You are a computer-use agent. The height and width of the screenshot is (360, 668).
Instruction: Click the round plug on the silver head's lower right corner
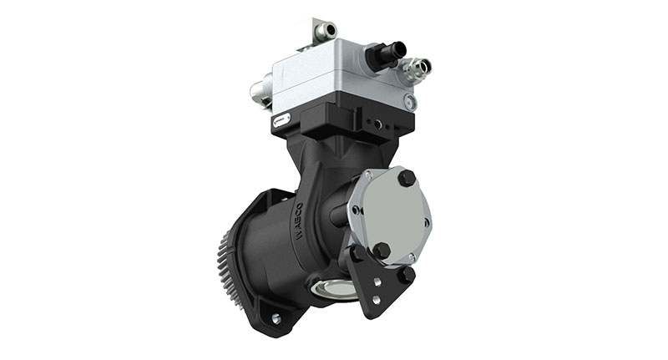409,102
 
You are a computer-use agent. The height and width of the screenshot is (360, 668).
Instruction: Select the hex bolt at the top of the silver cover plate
407,179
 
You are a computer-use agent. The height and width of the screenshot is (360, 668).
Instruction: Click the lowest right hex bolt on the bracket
407,274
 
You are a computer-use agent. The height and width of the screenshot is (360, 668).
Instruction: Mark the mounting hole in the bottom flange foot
276,318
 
